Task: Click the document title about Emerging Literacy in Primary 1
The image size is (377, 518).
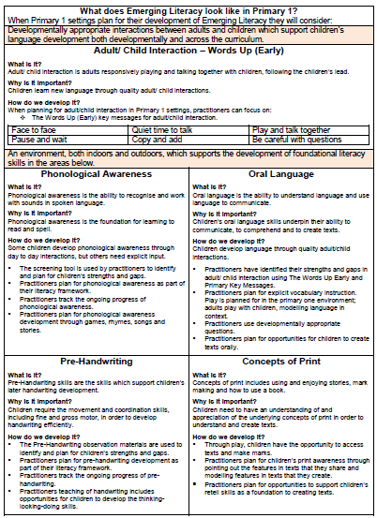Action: click(188, 8)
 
